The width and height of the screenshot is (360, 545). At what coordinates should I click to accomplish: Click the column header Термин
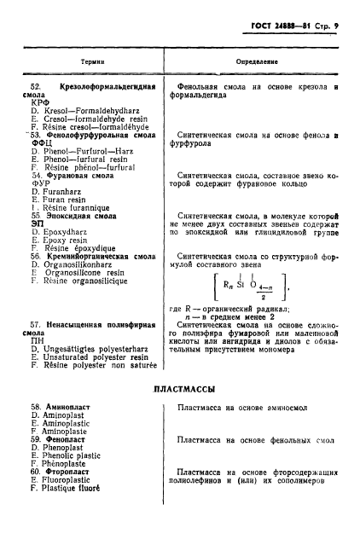92,61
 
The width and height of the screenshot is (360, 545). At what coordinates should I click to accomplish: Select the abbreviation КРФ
39,104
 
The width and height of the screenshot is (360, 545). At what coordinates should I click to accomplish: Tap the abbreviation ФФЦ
40,142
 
